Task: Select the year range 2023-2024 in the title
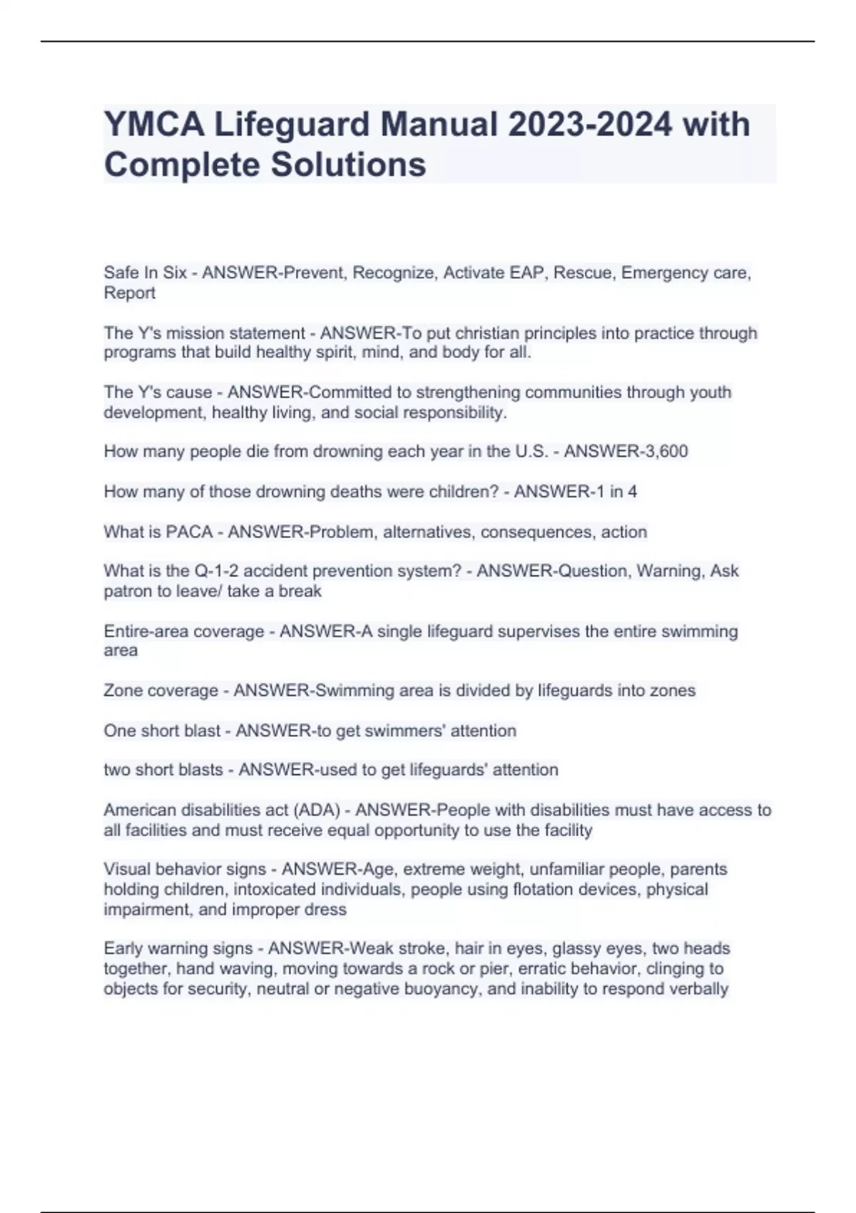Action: pyautogui.click(x=590, y=125)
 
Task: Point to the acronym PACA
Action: pyautogui.click(x=189, y=532)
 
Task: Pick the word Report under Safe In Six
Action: pyautogui.click(x=129, y=293)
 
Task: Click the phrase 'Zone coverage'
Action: pyautogui.click(x=160, y=691)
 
